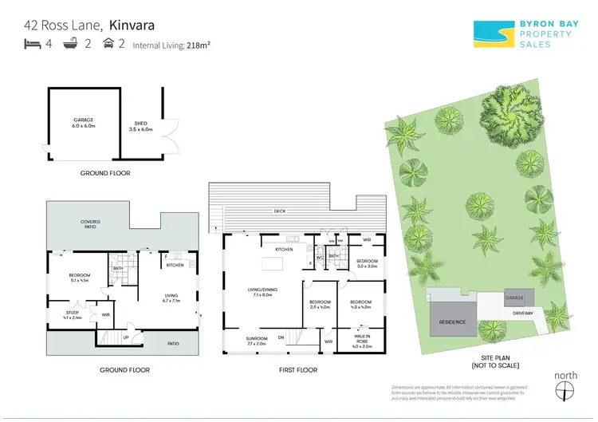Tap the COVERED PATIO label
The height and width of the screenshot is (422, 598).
(78, 224)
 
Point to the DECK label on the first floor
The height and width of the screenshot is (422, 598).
(280, 211)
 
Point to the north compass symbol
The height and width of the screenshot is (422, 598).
(566, 389)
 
